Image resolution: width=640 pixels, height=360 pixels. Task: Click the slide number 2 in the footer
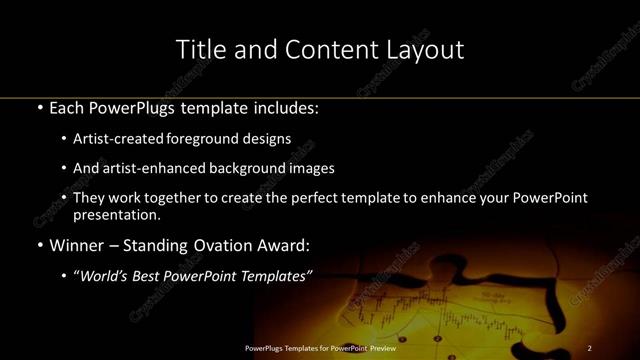pos(590,347)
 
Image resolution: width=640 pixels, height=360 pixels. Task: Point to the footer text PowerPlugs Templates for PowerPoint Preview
pos(320,347)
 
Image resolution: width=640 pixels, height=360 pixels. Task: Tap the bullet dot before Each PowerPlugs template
pos(39,106)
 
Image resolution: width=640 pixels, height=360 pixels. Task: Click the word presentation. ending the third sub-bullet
pos(116,214)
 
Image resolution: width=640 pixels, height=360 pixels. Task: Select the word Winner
pos(77,244)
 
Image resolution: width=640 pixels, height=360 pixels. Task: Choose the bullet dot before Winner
pos(39,244)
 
